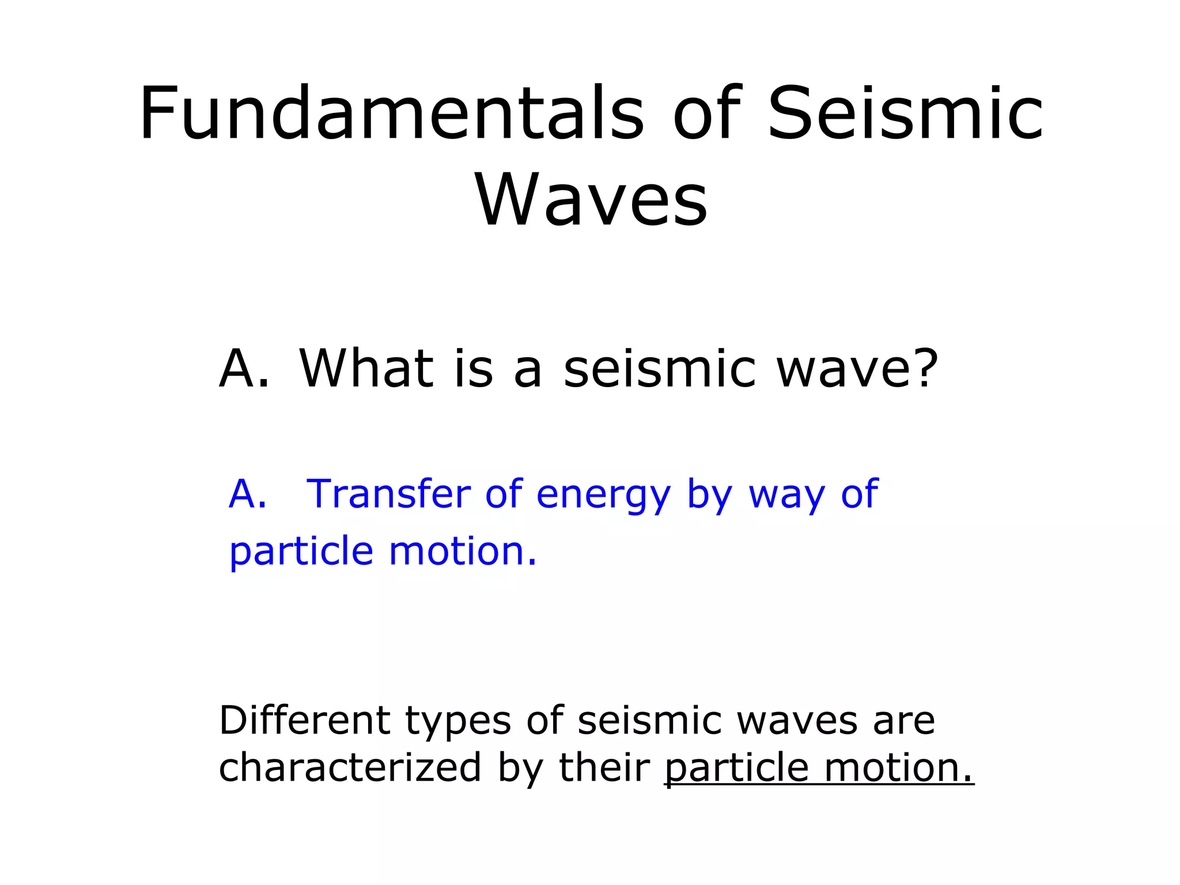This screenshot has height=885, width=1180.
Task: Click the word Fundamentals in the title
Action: point(391,114)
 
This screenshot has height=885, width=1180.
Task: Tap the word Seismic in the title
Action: point(905,114)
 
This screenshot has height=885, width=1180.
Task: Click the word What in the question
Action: point(366,368)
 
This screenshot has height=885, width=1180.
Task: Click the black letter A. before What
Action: point(244,368)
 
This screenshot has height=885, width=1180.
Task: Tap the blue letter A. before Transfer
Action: point(248,494)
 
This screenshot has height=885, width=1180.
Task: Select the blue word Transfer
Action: point(388,494)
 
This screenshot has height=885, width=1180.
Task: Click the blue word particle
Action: point(301,552)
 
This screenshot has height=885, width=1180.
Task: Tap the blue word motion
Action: point(463,551)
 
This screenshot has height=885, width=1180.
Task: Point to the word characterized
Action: point(350,767)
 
